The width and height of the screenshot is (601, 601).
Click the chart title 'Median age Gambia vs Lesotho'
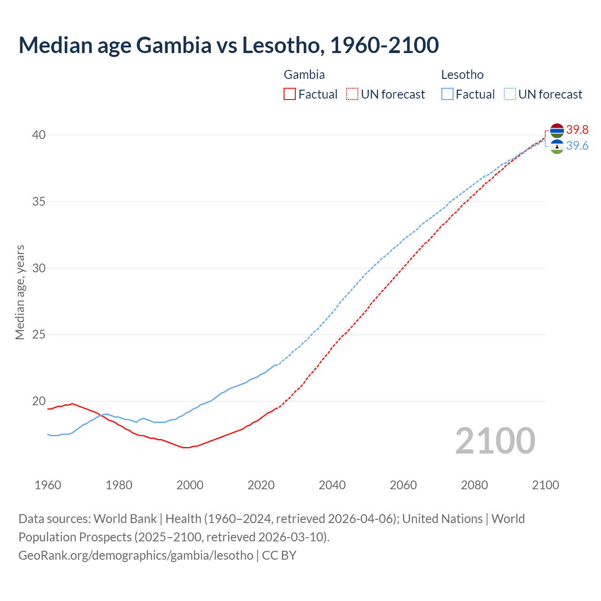(229, 45)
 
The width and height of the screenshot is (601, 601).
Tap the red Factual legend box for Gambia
(290, 94)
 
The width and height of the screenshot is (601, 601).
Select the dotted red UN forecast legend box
(352, 94)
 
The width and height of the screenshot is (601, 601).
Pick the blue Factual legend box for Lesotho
(447, 94)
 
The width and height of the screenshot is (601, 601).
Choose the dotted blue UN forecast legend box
(510, 94)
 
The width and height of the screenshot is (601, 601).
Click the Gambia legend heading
(304, 75)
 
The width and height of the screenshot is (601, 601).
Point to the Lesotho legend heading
(462, 75)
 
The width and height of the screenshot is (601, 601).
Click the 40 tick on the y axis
(39, 135)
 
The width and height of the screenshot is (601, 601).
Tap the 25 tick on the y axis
(39, 335)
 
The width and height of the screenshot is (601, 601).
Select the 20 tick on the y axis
(39, 401)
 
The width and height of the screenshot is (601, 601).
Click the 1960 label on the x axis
(48, 485)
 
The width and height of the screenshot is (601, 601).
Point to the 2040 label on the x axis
(332, 485)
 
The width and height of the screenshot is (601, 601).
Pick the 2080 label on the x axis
(474, 485)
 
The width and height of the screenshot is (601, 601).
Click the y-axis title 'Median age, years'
(20, 292)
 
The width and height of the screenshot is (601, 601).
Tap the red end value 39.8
(577, 130)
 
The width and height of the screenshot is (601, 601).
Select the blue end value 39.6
(577, 146)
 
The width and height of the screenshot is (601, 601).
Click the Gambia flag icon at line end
(557, 131)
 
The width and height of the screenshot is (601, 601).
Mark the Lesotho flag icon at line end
(557, 146)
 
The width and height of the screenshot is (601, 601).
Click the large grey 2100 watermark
(495, 441)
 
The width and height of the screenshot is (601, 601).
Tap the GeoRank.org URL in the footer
(136, 555)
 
